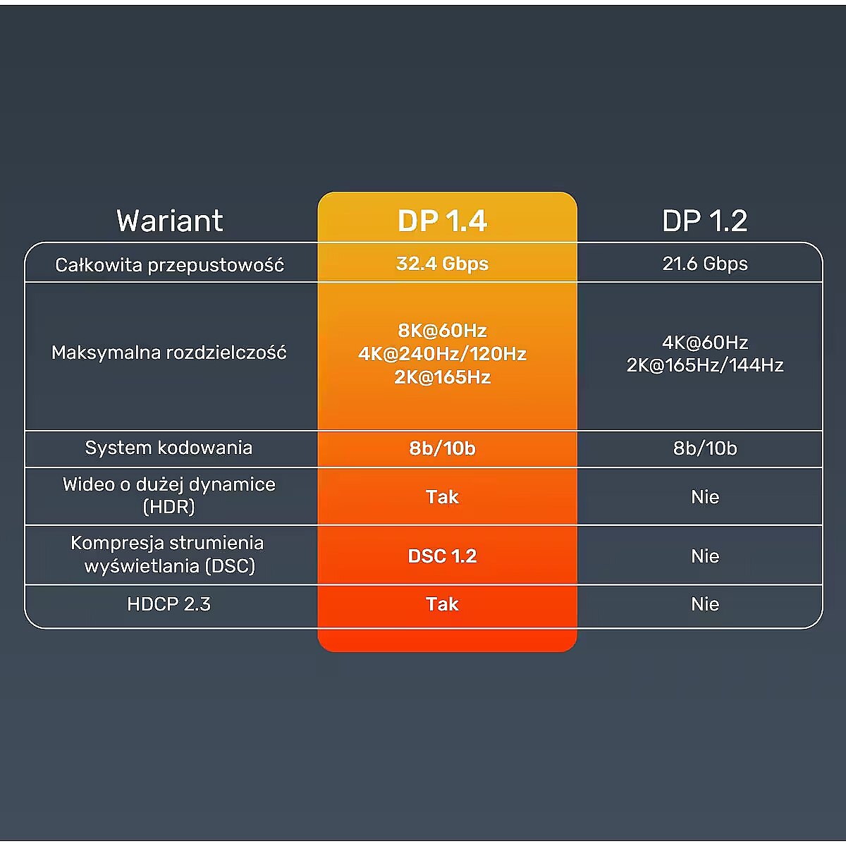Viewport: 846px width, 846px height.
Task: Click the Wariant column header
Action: point(169,221)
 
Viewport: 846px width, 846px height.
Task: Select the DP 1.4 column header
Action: point(442,221)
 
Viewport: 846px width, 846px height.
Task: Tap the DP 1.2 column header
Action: point(704,221)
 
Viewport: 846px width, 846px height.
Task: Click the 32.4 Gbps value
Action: point(442,264)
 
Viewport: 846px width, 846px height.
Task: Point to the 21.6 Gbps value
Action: point(704,264)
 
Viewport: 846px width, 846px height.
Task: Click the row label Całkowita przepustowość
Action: point(169,265)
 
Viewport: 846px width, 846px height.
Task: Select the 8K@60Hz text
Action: point(442,331)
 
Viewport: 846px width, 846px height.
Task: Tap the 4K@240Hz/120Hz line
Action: point(442,354)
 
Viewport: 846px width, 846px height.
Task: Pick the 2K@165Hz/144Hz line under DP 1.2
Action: point(704,365)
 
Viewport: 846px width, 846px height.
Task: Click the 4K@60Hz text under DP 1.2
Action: point(704,343)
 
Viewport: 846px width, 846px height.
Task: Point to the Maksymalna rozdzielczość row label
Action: point(169,352)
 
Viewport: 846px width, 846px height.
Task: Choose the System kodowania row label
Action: point(168,448)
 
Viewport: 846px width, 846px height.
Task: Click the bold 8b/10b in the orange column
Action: point(442,448)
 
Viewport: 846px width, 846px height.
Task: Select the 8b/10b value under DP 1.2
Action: point(704,448)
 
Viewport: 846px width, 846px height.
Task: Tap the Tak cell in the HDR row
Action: point(442,497)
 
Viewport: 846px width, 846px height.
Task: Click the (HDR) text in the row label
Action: point(169,507)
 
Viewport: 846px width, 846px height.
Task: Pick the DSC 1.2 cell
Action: point(442,556)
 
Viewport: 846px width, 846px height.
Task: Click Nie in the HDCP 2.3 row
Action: point(704,604)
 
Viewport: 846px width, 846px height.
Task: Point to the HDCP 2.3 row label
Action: point(169,604)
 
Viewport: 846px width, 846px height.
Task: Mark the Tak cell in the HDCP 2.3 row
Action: point(442,604)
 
